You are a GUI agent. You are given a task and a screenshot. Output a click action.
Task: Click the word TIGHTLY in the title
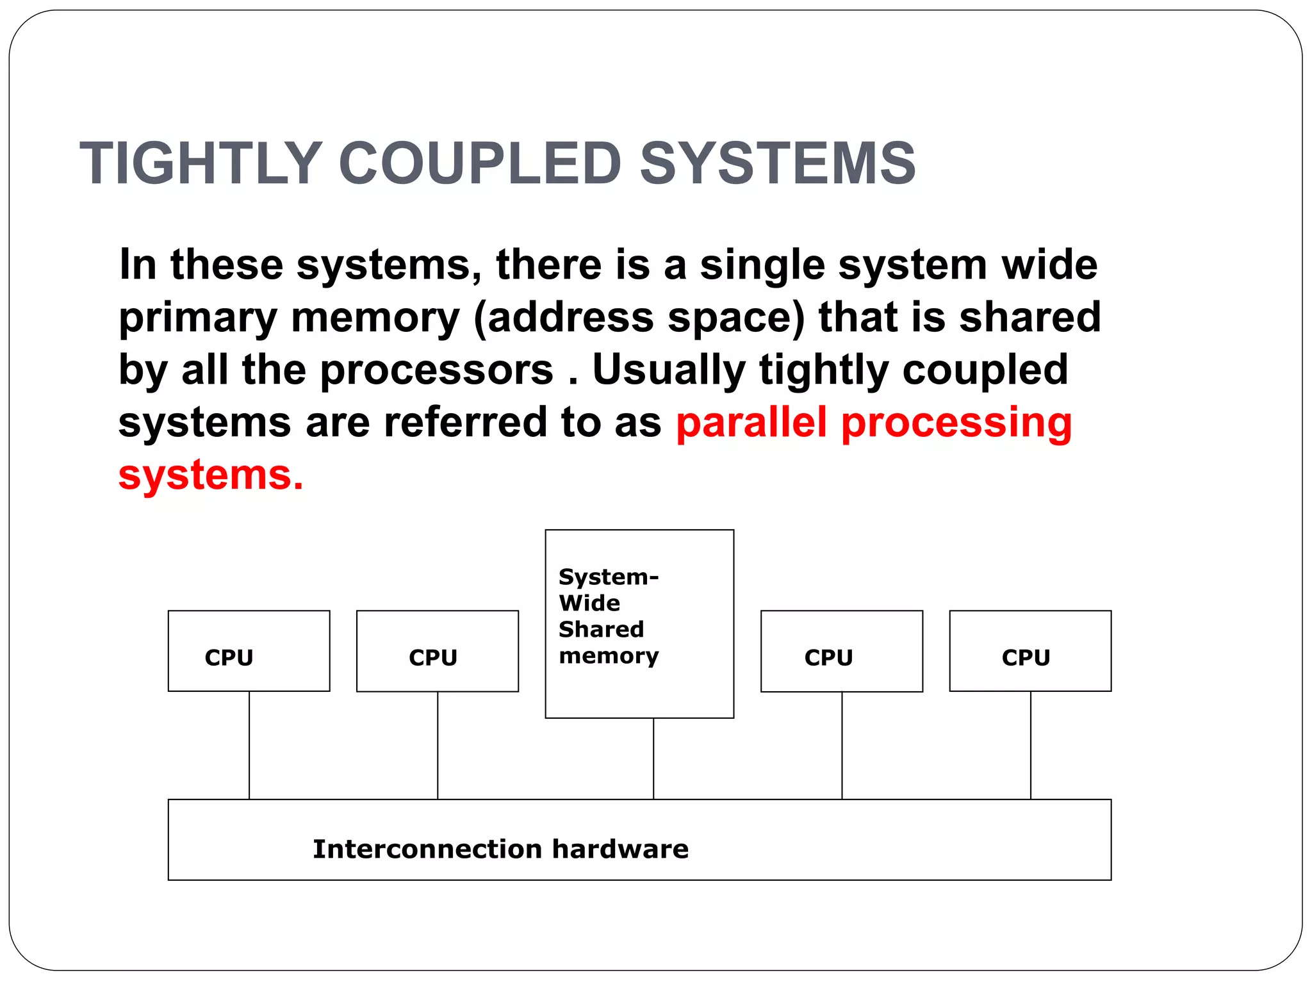tap(200, 163)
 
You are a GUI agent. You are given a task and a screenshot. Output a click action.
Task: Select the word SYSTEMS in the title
tap(778, 163)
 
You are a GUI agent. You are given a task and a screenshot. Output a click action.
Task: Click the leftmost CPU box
tap(249, 651)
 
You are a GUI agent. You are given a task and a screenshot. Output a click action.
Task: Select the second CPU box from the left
tap(437, 651)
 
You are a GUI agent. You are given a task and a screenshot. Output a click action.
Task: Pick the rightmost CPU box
tap(1029, 651)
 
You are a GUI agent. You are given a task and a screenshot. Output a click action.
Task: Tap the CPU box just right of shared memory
tap(841, 651)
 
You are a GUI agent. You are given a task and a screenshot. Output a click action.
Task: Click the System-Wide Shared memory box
tap(639, 623)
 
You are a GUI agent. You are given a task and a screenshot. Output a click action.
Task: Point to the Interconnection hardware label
tap(500, 849)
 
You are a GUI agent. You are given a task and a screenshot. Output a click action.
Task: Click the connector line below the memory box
tap(653, 758)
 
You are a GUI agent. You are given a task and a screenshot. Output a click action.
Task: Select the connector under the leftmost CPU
tap(249, 745)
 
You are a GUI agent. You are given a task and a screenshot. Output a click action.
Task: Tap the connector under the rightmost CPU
tap(1030, 745)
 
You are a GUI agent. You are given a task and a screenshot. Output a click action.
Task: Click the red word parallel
tap(751, 423)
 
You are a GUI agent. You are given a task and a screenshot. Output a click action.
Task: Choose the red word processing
tap(956, 424)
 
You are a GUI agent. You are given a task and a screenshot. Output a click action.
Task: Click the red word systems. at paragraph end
tap(210, 475)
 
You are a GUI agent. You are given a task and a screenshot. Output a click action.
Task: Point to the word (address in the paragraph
tap(563, 318)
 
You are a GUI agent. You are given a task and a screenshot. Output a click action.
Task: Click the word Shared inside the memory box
tap(601, 630)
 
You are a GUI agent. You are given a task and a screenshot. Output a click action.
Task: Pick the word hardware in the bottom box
tap(619, 849)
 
